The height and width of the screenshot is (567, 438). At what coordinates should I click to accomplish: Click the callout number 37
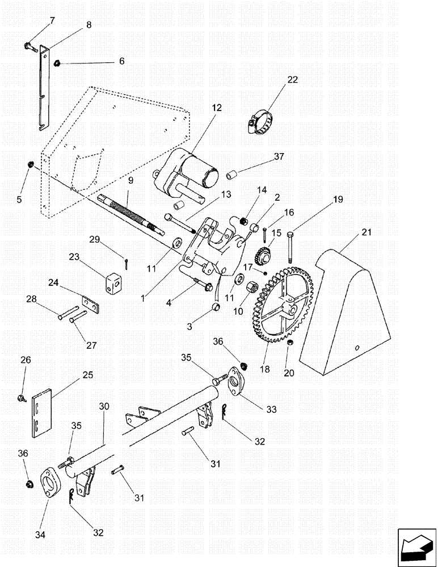(x=279, y=156)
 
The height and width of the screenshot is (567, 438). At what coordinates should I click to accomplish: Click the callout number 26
(x=26, y=360)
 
